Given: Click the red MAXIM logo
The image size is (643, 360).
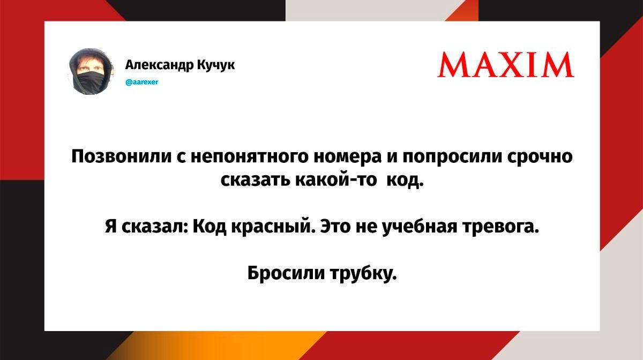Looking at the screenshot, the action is tap(505, 65).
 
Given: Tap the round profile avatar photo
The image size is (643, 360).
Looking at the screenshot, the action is tap(91, 71).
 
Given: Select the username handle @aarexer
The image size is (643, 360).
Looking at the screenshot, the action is tap(142, 82).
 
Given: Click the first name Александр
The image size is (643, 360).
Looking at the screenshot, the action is tap(160, 65).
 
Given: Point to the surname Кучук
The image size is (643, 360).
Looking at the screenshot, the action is tap(216, 65).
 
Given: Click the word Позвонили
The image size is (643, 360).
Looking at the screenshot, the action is tap(122, 157).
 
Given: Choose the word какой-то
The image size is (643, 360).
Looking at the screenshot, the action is tap(336, 181).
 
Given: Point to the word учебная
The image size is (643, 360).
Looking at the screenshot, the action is tap(420, 227).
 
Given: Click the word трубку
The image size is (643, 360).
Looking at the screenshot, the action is tap(364, 273).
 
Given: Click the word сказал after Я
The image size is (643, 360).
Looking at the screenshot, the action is tap(154, 227).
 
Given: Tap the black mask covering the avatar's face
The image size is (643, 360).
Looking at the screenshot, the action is tap(90, 82).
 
